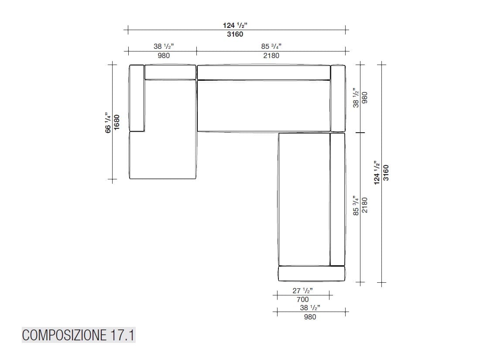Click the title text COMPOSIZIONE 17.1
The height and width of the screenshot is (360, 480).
pos(79,335)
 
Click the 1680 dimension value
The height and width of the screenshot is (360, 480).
pos(117,122)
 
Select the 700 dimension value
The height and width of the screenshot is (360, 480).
pos(302,299)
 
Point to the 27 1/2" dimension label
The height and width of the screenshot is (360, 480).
pos(302,291)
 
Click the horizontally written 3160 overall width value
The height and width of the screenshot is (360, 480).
pos(235,34)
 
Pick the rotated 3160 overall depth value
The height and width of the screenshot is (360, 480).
pos(385,173)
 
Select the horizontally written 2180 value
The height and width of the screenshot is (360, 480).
pos(271,55)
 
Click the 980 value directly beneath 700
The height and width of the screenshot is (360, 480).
pos(310,317)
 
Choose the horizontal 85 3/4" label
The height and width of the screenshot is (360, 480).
pos(271,46)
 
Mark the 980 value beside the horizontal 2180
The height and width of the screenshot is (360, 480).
pos(161,55)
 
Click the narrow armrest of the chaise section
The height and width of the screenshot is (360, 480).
pos(137,98)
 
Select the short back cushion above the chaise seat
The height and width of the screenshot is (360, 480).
pos(170,72)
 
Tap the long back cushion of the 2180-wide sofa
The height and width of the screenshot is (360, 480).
pos(263,72)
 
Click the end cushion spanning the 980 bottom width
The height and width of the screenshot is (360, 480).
pos(312,274)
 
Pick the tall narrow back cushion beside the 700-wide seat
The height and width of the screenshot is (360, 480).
pos(337,199)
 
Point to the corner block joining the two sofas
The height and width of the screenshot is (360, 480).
pos(338,98)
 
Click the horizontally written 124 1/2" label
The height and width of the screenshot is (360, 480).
pos(235,26)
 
